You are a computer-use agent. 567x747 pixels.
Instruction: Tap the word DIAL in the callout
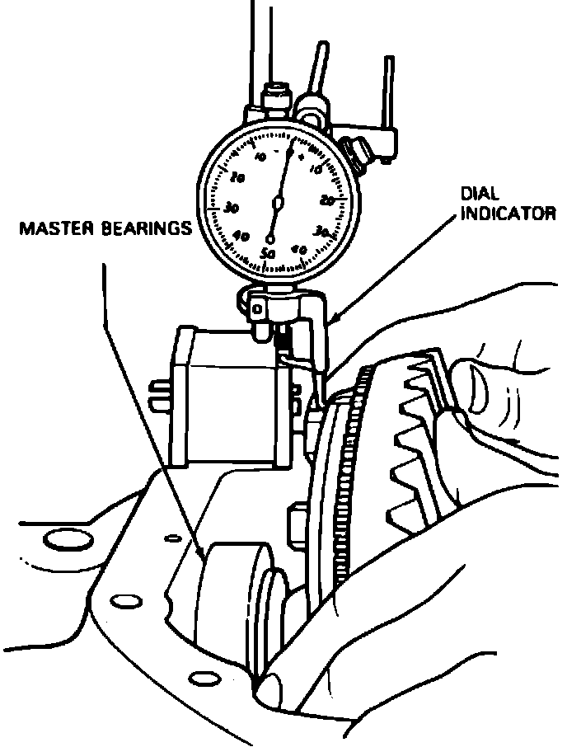click(477, 196)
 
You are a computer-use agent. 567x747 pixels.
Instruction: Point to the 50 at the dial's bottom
click(267, 252)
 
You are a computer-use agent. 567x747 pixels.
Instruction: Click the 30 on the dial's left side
click(232, 206)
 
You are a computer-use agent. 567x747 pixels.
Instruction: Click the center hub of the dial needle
click(278, 202)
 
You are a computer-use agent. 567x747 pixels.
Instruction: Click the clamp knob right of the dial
click(357, 150)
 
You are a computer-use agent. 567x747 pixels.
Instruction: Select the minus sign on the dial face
click(277, 153)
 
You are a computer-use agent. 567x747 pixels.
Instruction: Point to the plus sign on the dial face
click(301, 154)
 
